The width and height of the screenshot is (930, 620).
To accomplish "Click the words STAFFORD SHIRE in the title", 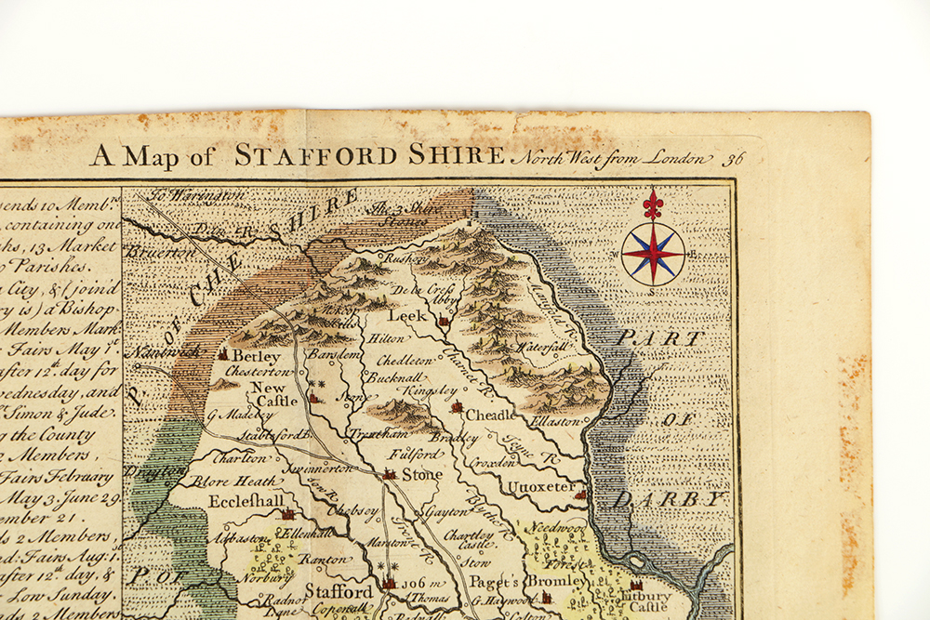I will [369, 155].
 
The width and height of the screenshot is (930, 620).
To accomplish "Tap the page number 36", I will [735, 157].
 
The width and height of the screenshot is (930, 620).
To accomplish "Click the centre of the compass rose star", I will [653, 254].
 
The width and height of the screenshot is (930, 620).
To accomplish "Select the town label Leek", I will [406, 316].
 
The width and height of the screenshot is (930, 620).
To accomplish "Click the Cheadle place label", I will [489, 414].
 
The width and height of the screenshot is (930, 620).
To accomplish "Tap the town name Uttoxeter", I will [540, 485].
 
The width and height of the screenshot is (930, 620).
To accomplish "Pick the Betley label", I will [256, 356].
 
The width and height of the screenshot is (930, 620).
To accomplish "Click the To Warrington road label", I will [197, 196].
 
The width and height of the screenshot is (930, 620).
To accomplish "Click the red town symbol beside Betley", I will [223, 354].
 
